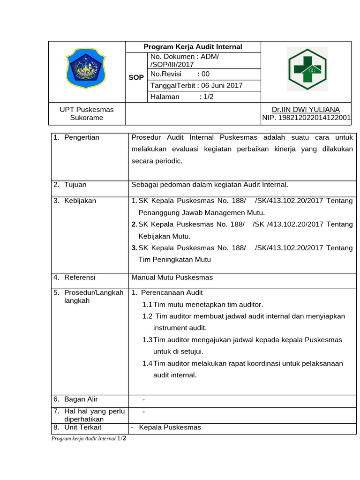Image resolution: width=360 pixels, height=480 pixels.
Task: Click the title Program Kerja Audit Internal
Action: tap(193, 46)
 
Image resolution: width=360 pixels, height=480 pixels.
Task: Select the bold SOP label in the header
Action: tap(136, 77)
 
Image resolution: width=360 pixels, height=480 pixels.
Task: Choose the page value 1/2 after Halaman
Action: tap(206, 97)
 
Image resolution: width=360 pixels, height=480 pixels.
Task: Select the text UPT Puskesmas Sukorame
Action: tap(87, 113)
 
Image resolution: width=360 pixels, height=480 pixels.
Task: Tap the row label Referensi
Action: tap(80, 277)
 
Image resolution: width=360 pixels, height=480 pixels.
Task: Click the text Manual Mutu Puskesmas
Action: tap(172, 277)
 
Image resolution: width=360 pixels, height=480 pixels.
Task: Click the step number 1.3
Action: tap(147, 339)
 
